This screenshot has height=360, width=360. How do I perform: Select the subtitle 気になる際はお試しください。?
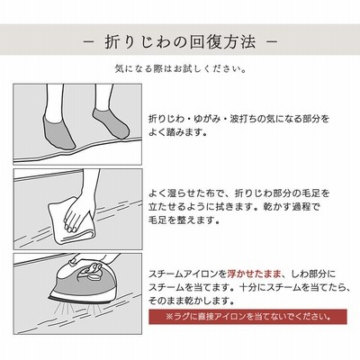pyautogui.click(x=181, y=69)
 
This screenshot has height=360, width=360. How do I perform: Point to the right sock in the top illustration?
pyautogui.click(x=112, y=123)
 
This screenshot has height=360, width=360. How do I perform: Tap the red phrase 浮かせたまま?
pyautogui.click(x=255, y=274)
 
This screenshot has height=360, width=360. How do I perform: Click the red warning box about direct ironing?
pyautogui.click(x=247, y=317)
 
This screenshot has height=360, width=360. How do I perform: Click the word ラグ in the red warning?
pyautogui.click(x=178, y=317)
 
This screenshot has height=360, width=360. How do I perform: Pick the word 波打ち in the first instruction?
pyautogui.click(x=244, y=119)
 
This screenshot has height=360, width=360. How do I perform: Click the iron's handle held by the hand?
pyautogui.click(x=90, y=268)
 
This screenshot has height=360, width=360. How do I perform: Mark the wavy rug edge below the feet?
pyautogui.click(x=77, y=152)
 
